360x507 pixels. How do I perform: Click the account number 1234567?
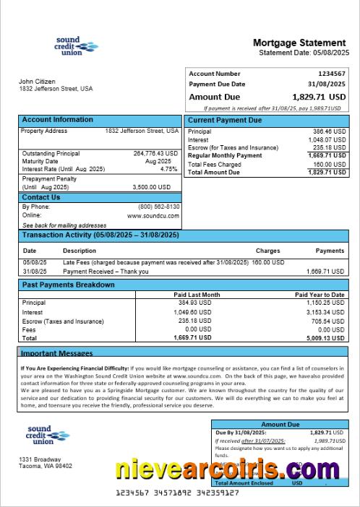point(332,74)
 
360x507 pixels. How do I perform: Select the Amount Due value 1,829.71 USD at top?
point(319,96)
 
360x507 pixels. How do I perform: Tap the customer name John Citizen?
point(36,82)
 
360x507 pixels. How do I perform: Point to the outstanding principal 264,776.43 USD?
point(155,153)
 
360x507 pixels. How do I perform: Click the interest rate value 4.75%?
point(168,169)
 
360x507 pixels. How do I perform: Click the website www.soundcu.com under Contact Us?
point(153,215)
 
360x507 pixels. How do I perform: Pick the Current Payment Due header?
point(225,121)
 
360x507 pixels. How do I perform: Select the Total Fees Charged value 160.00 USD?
point(329,165)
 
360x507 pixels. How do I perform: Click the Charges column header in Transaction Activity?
point(267,251)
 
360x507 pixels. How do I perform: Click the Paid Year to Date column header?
point(320,295)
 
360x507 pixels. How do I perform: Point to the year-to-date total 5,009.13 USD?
point(325,337)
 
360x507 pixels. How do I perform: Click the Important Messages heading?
point(56,353)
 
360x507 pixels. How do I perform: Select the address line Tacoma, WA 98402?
point(46,466)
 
